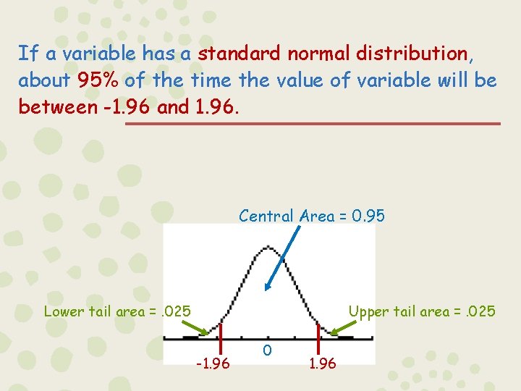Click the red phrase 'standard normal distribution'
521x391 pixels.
[332, 54]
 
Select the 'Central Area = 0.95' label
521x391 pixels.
[312, 216]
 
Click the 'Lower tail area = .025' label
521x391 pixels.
[117, 312]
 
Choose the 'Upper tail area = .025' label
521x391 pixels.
[422, 312]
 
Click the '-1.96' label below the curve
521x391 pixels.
[213, 363]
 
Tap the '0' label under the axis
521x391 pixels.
[268, 350]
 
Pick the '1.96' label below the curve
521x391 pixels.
[322, 363]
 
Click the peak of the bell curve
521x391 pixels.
[267, 248]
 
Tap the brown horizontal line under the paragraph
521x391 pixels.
[313, 124]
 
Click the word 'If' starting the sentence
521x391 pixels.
[27, 54]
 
